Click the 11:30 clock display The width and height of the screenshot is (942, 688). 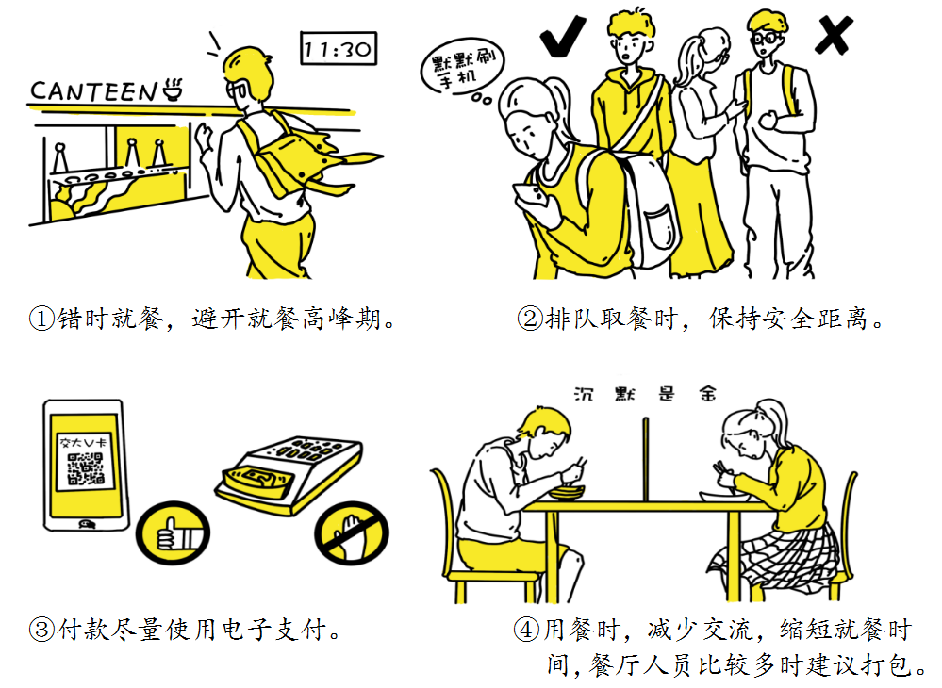tap(339, 48)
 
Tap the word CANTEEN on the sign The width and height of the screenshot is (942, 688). tap(93, 91)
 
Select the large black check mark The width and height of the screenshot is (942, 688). tap(562, 36)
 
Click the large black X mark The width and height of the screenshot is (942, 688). tap(834, 36)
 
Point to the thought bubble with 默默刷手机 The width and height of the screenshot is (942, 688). tap(461, 71)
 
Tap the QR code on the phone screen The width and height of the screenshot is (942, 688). tap(85, 469)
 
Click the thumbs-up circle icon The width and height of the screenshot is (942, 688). tap(173, 532)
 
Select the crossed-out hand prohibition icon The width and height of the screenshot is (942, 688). tap(352, 532)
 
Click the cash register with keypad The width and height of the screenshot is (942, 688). tap(289, 475)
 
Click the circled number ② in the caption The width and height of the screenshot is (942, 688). tap(529, 319)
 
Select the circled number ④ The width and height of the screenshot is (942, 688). tap(526, 630)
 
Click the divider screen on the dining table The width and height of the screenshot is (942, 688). tap(646, 459)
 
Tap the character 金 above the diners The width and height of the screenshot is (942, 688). tap(707, 394)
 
